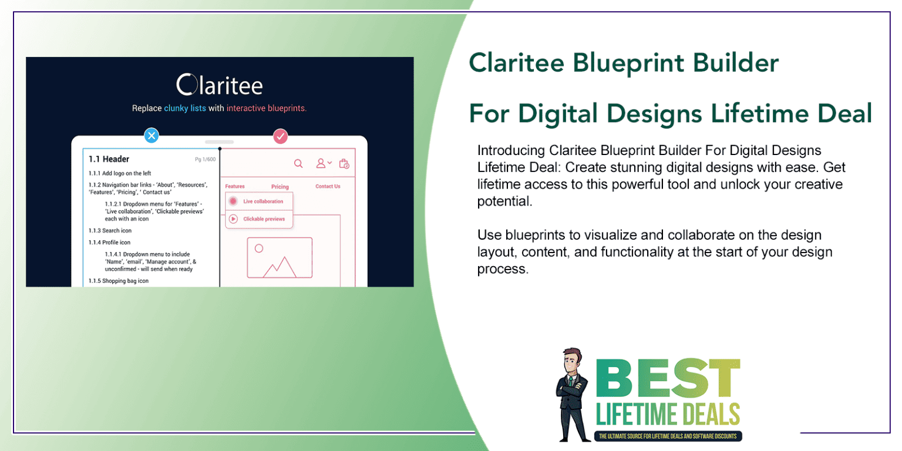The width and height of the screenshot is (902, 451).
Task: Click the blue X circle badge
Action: (x=152, y=136)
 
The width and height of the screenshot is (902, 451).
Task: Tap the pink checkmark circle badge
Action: (x=281, y=136)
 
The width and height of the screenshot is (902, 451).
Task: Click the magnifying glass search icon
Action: (x=298, y=163)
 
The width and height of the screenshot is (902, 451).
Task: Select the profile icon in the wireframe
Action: (x=321, y=163)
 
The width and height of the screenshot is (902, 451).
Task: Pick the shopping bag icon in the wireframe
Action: (x=344, y=163)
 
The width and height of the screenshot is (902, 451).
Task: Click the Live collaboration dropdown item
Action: (x=259, y=201)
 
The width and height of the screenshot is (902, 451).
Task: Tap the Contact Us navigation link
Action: (x=328, y=186)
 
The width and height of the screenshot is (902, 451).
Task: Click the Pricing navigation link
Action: (x=280, y=187)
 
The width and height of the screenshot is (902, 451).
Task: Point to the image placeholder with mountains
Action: (x=280, y=257)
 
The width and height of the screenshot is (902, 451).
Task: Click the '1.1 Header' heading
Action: (x=109, y=159)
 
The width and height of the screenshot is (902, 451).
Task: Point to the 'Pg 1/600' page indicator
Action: (x=205, y=160)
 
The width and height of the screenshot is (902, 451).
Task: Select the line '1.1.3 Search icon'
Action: (x=110, y=231)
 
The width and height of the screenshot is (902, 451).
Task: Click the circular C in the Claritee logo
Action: (x=187, y=85)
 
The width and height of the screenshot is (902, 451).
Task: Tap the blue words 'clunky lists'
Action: (x=185, y=108)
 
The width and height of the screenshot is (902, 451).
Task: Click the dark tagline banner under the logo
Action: (x=668, y=436)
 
